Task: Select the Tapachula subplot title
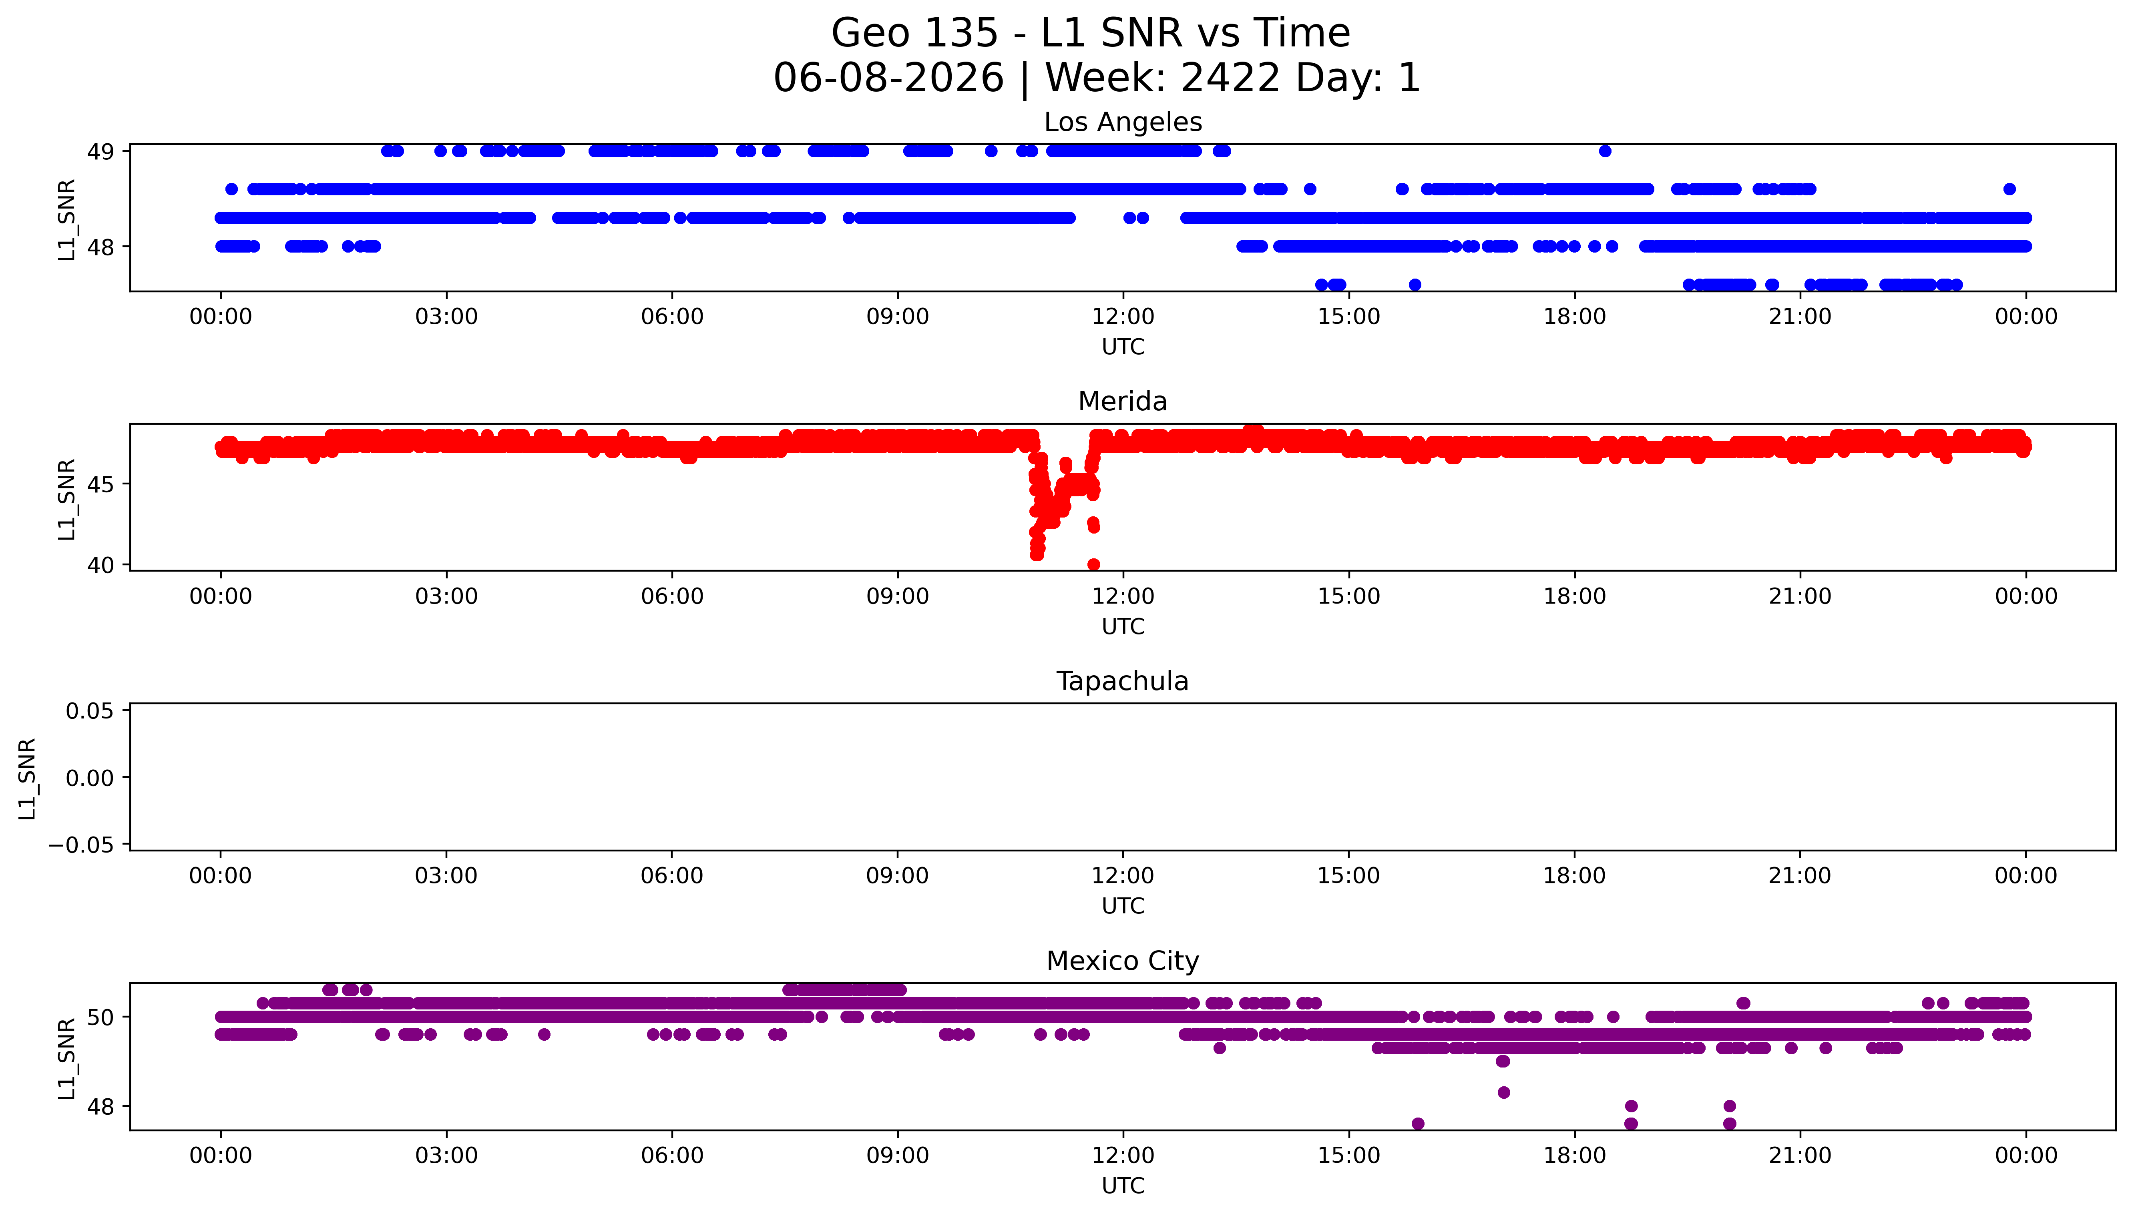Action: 1122,681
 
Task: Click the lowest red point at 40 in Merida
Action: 1093,564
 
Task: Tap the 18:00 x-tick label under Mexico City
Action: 1574,1156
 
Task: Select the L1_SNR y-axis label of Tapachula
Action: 28,778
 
